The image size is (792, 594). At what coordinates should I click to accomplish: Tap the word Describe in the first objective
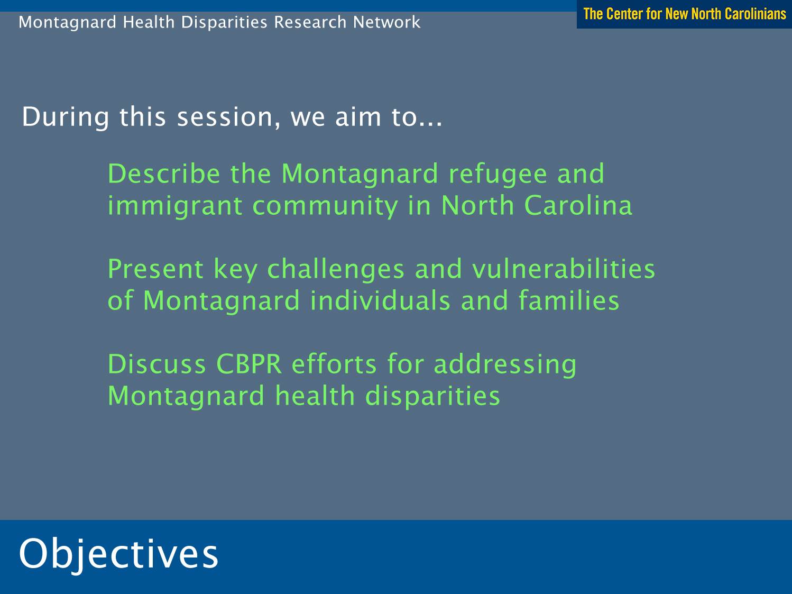point(164,173)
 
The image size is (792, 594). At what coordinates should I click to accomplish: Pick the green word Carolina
point(578,205)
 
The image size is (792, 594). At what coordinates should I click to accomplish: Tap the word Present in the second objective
point(156,269)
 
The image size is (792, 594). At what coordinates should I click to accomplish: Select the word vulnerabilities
point(564,269)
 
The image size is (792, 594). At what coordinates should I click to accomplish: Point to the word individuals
point(380,300)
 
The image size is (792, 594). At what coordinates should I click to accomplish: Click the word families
point(569,300)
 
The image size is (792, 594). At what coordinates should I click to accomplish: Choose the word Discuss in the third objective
point(157,364)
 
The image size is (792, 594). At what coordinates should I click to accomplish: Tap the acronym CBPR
point(248,364)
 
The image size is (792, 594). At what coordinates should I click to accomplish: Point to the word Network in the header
point(387,22)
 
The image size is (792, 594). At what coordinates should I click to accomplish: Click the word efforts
point(335,364)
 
